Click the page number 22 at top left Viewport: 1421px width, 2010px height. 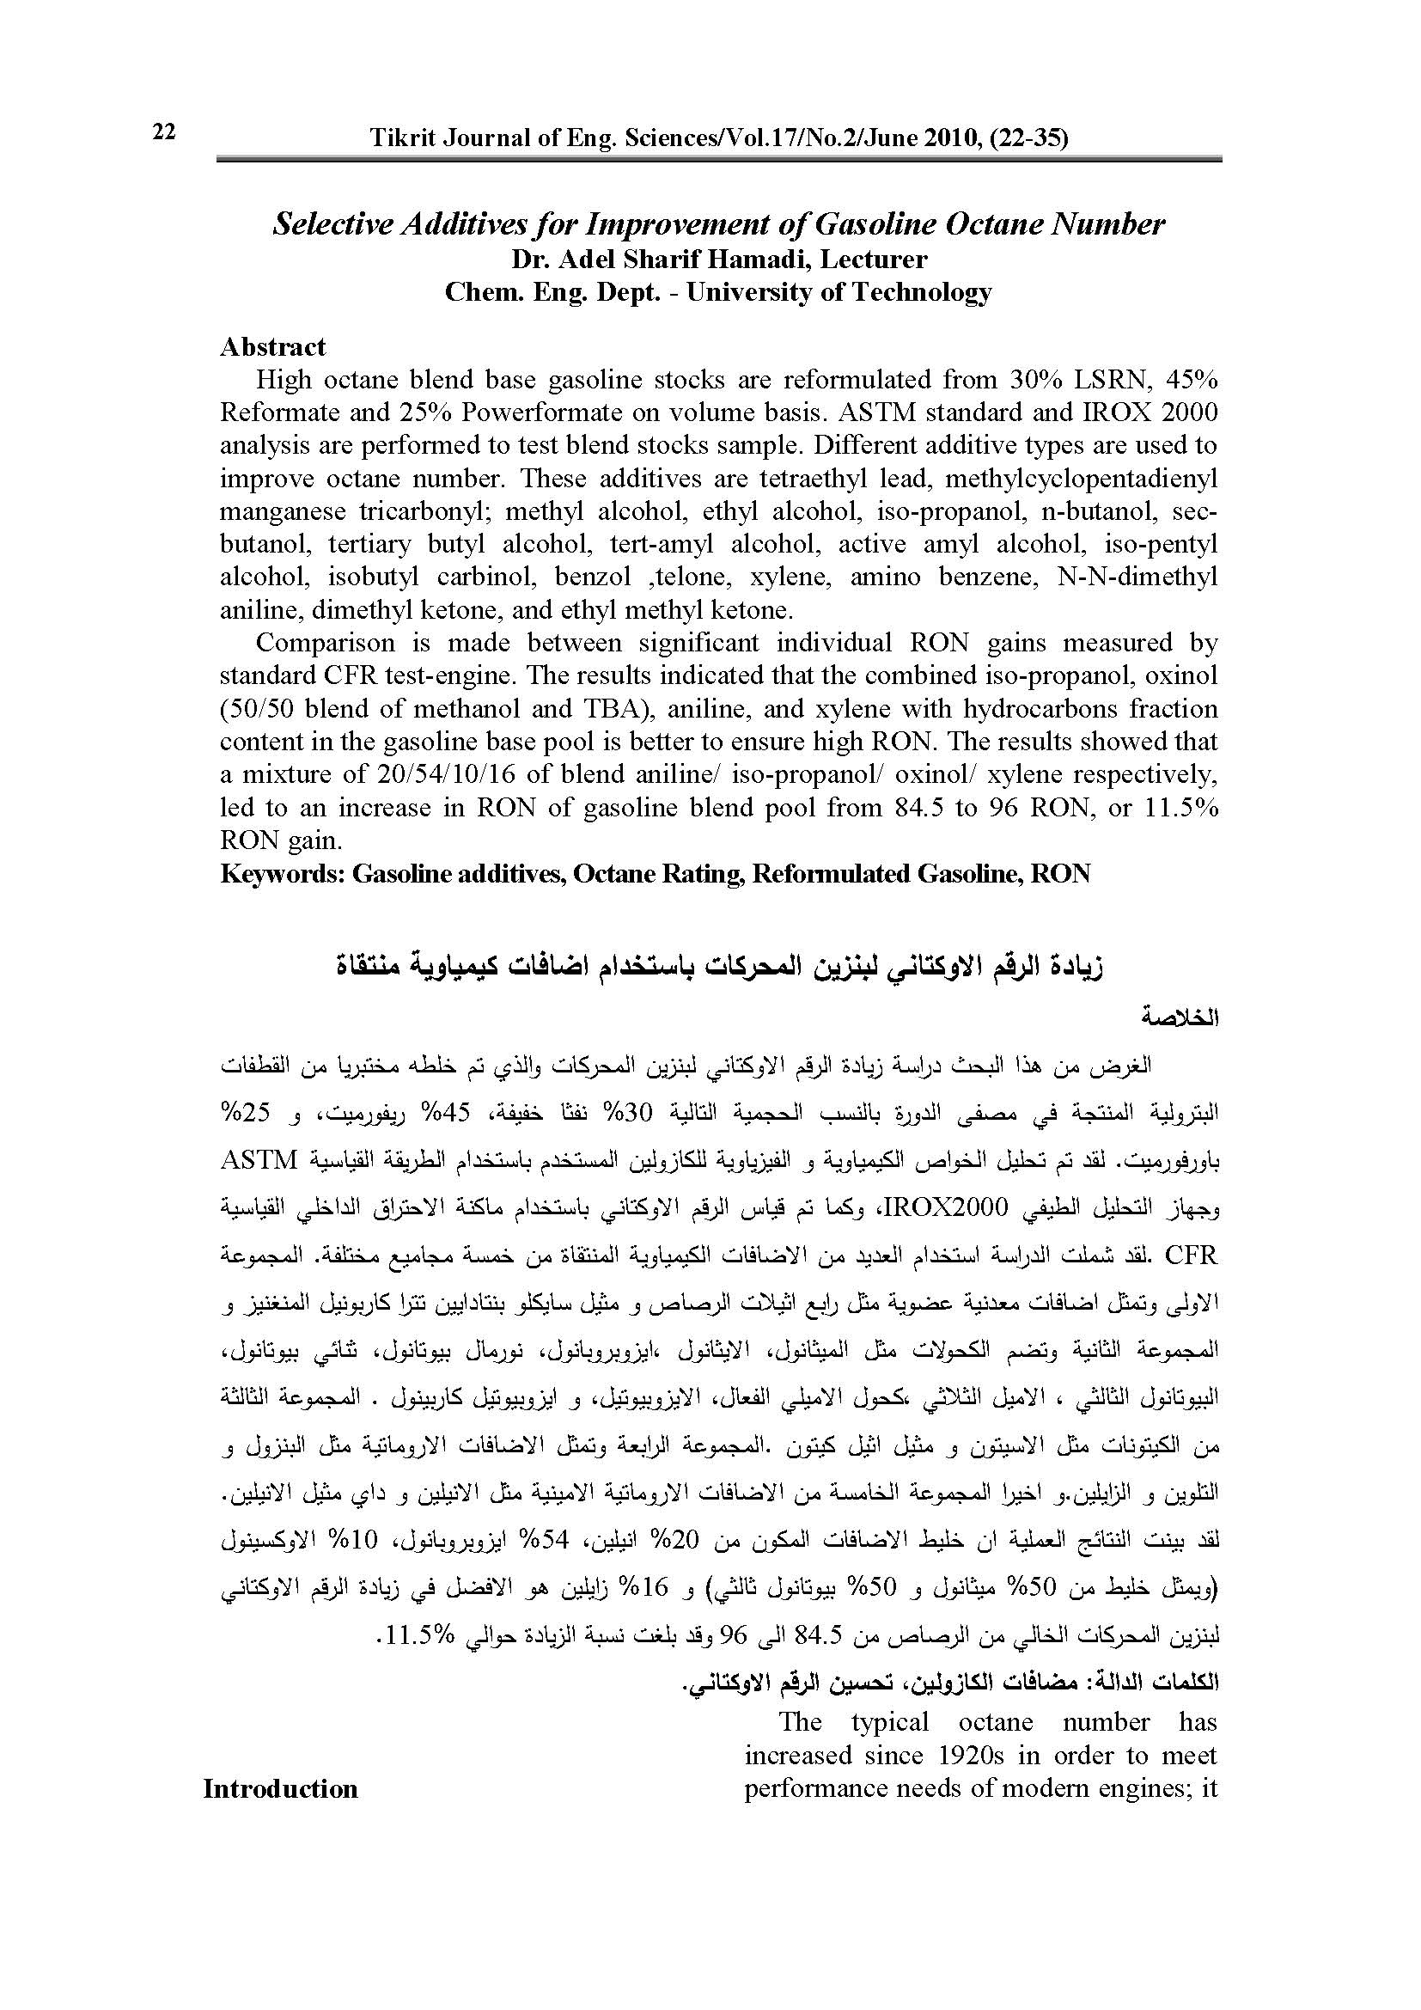pyautogui.click(x=163, y=132)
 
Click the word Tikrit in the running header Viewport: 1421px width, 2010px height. pyautogui.click(x=399, y=138)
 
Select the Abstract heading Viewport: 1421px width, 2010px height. pyautogui.click(x=272, y=346)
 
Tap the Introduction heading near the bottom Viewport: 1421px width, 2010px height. pyautogui.click(x=280, y=1788)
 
